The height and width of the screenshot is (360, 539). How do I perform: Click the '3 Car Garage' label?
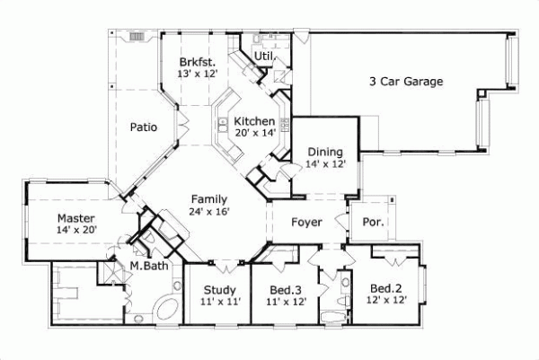click(x=406, y=82)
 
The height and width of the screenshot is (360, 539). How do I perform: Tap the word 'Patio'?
click(x=145, y=127)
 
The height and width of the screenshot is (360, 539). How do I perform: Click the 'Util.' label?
click(x=263, y=56)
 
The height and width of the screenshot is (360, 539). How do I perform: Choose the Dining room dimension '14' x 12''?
click(x=324, y=164)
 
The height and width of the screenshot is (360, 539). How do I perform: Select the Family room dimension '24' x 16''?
click(x=208, y=212)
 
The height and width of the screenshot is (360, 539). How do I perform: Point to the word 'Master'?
click(x=76, y=217)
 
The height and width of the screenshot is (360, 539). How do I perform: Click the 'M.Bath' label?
click(x=146, y=267)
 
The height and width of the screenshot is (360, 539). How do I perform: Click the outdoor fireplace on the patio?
click(x=137, y=38)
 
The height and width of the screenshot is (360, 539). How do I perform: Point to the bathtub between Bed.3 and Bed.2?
click(x=332, y=316)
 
